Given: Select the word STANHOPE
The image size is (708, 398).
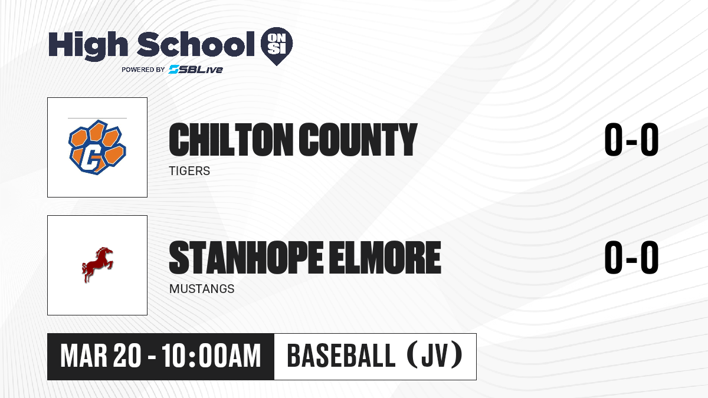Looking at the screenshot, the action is point(246,258).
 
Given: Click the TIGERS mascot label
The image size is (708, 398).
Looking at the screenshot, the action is point(189,171).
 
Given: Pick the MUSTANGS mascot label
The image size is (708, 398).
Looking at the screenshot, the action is point(202,289).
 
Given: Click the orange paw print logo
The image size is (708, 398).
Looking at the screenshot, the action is point(97,147).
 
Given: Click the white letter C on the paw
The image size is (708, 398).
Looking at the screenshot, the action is point(91,157).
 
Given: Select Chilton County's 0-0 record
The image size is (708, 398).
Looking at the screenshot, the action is point(631,140).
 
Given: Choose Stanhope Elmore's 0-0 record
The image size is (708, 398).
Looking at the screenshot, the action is point(631,258).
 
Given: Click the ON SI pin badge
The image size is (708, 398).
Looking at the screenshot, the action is point(277,46).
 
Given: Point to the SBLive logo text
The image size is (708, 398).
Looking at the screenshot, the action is point(196,69).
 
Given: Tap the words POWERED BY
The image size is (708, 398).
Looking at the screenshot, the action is point(143,70).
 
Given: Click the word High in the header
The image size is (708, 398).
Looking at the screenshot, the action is point(88,46).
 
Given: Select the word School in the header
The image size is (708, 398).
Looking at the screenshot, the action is point(196,44).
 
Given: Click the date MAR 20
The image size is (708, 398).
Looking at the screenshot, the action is point(100,356).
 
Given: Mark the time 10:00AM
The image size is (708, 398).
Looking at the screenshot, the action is point(211,356).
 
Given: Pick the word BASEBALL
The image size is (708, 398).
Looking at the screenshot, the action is point(341,356).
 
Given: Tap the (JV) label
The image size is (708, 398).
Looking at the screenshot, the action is point(435,356).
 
